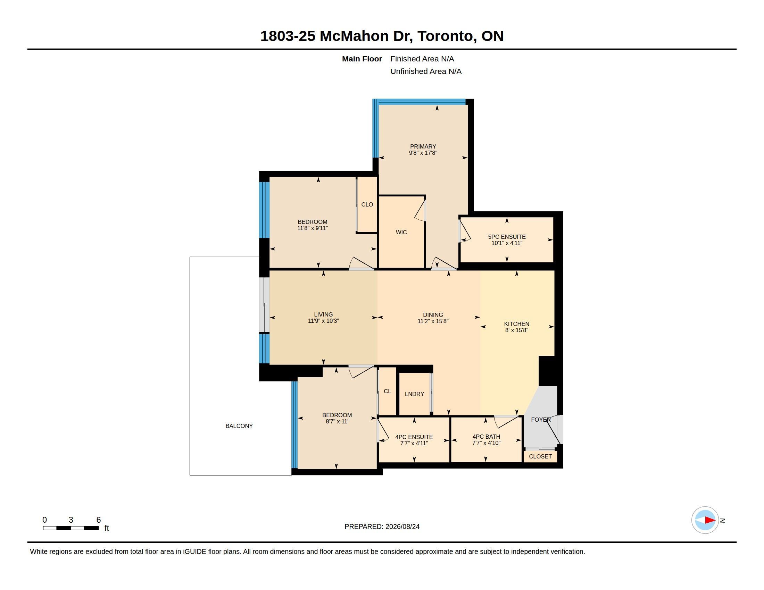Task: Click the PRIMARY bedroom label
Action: coord(423,146)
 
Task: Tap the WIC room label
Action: coord(401,232)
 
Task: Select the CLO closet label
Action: coord(367,204)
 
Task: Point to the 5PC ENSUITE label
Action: coord(507,237)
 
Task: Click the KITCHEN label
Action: coord(516,324)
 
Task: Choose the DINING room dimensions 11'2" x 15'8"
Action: coord(433,321)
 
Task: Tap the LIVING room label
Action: coord(323,314)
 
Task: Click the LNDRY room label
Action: coord(414,394)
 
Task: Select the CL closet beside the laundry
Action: coord(387,391)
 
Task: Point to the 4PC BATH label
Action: coord(486,437)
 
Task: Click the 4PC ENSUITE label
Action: coord(414,437)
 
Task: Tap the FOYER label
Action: coord(541,420)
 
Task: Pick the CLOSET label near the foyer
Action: coord(540,456)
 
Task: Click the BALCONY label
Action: coord(239,426)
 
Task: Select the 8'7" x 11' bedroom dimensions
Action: coord(337,422)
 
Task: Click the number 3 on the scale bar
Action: coord(70,520)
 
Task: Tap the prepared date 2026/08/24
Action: coord(402,526)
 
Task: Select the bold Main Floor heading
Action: coord(362,59)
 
